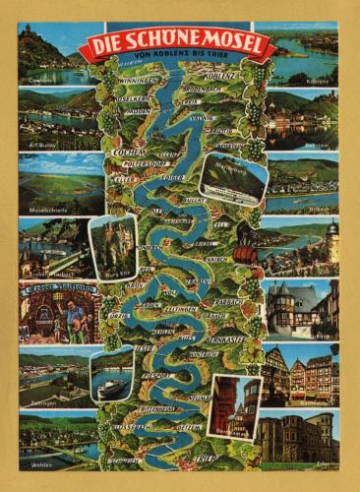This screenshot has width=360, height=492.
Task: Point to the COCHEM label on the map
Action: pos(129,153)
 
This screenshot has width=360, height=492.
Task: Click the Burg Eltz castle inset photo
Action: pos(113,246)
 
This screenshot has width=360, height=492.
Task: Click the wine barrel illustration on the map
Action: pos(242,253)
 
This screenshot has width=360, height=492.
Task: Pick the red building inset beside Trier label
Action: pos(234,404)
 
